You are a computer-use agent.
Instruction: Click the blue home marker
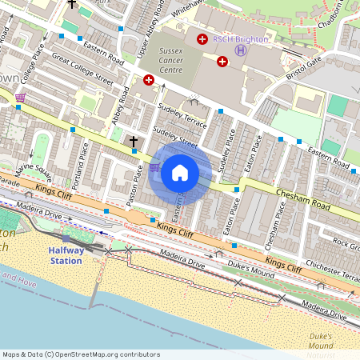[x=180, y=173]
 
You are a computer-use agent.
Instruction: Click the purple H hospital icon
[x=239, y=50]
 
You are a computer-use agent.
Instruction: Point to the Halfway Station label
[x=66, y=256]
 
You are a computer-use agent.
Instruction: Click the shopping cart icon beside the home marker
[x=154, y=168]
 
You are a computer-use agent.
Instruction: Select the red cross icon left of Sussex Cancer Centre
[x=148, y=79]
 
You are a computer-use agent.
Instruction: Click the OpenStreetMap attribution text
[x=80, y=354]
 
